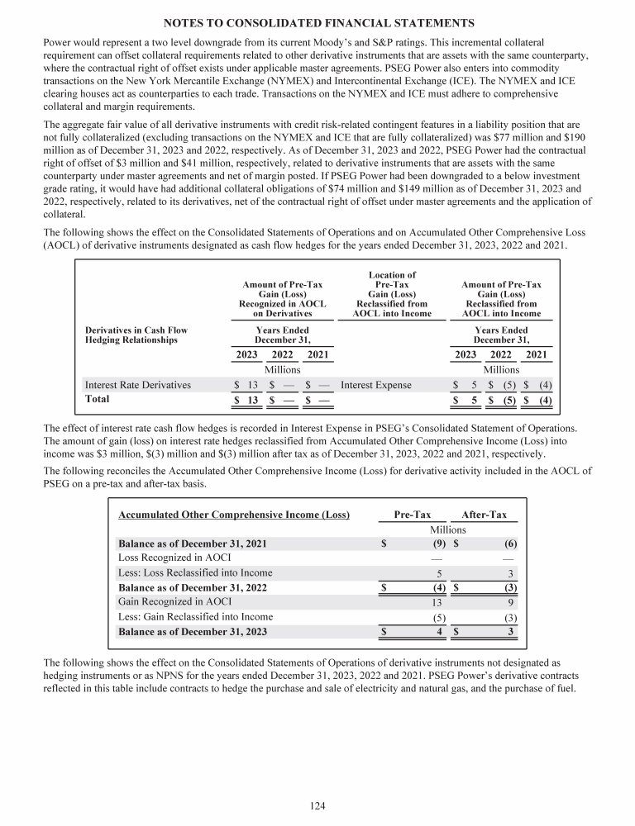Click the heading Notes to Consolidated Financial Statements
317,21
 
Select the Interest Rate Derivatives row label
138,384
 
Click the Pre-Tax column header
412,515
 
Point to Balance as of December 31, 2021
193,544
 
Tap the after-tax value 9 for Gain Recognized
513,602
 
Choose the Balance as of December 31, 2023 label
193,632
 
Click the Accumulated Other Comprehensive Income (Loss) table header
234,515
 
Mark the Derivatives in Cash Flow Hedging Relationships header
136,335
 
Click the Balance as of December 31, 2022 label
193,587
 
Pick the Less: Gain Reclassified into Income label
195,616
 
